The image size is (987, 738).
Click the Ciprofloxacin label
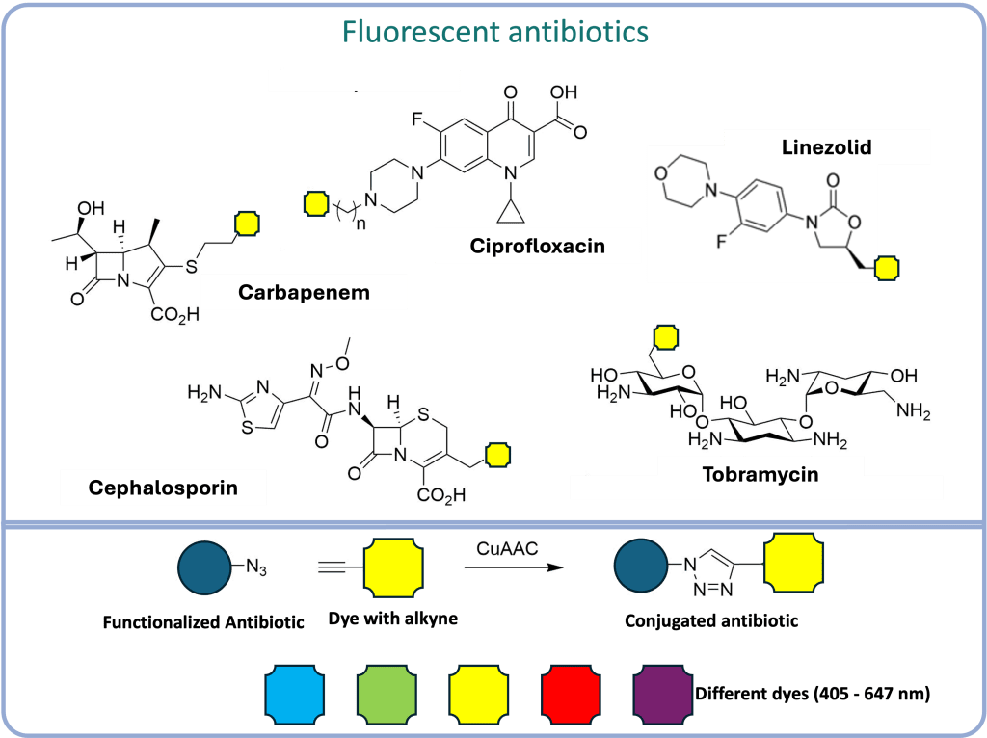[538, 246]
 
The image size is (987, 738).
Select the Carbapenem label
[304, 292]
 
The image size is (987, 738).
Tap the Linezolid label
[826, 148]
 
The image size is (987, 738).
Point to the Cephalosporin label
[163, 488]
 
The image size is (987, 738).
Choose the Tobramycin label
[760, 475]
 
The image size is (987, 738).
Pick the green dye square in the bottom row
[387, 692]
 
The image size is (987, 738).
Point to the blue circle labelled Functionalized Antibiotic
[204, 568]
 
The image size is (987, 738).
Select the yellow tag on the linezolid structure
[886, 268]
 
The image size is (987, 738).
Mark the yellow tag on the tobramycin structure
[665, 336]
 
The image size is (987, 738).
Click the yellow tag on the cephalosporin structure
[497, 454]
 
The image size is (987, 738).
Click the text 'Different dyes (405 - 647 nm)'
[812, 693]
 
